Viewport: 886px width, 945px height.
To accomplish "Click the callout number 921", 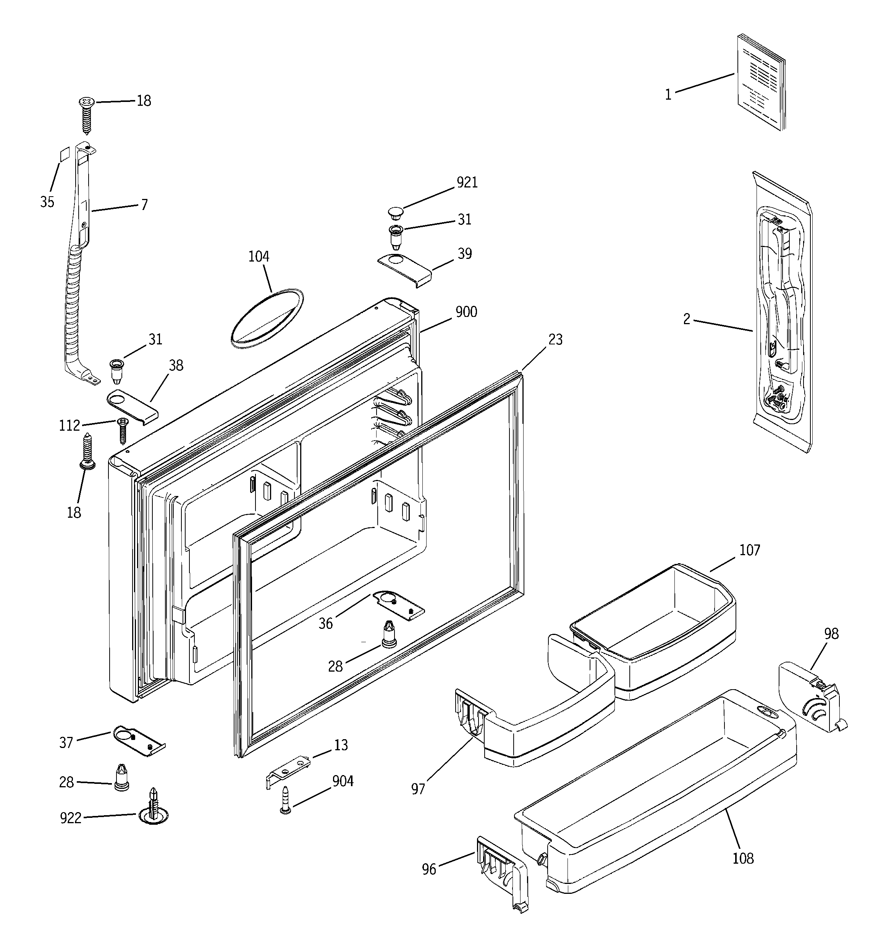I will point(467,183).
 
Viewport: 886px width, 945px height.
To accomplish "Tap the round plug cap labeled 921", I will point(395,212).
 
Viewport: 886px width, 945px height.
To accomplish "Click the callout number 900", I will point(466,312).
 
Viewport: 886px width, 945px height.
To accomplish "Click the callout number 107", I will point(750,551).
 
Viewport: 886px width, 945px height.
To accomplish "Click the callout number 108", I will point(743,858).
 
